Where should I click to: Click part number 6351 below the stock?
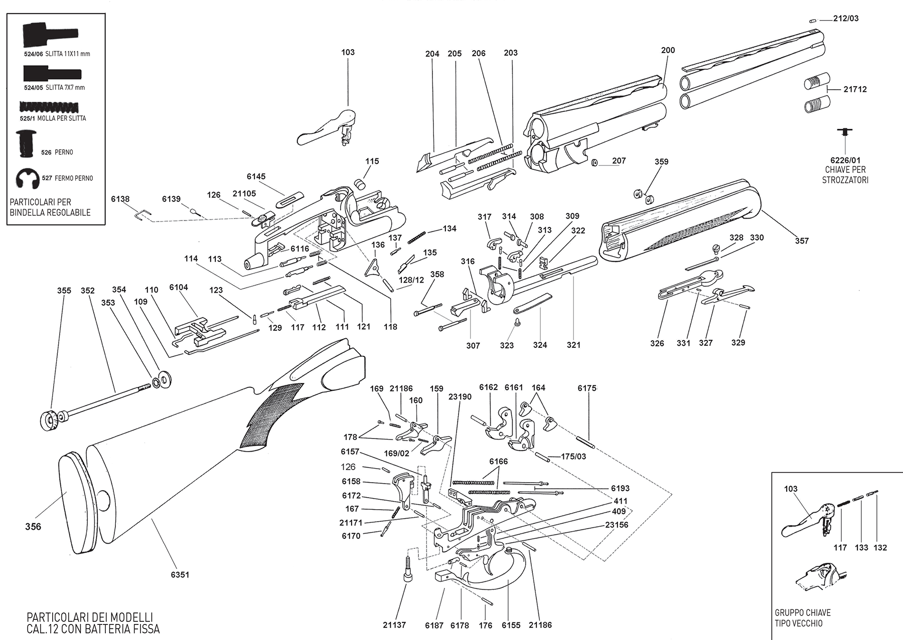180,574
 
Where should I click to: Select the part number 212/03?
846,19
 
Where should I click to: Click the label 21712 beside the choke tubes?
855,89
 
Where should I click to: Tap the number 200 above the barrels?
668,50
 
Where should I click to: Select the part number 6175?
587,388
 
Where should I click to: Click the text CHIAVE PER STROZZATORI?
845,175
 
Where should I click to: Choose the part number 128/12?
411,280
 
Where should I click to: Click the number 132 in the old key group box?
880,548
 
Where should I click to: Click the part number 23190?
460,396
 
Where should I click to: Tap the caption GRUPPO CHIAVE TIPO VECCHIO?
803,618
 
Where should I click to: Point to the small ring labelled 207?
594,162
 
